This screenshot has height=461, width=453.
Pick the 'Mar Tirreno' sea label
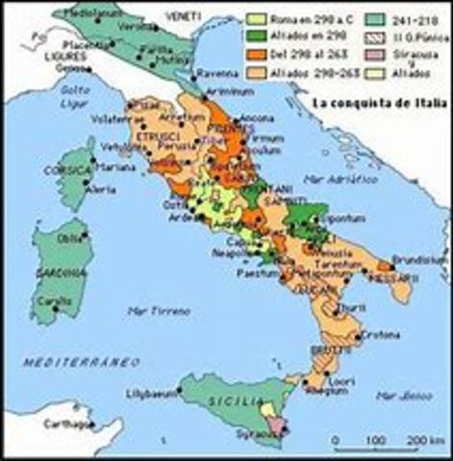[158, 309]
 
